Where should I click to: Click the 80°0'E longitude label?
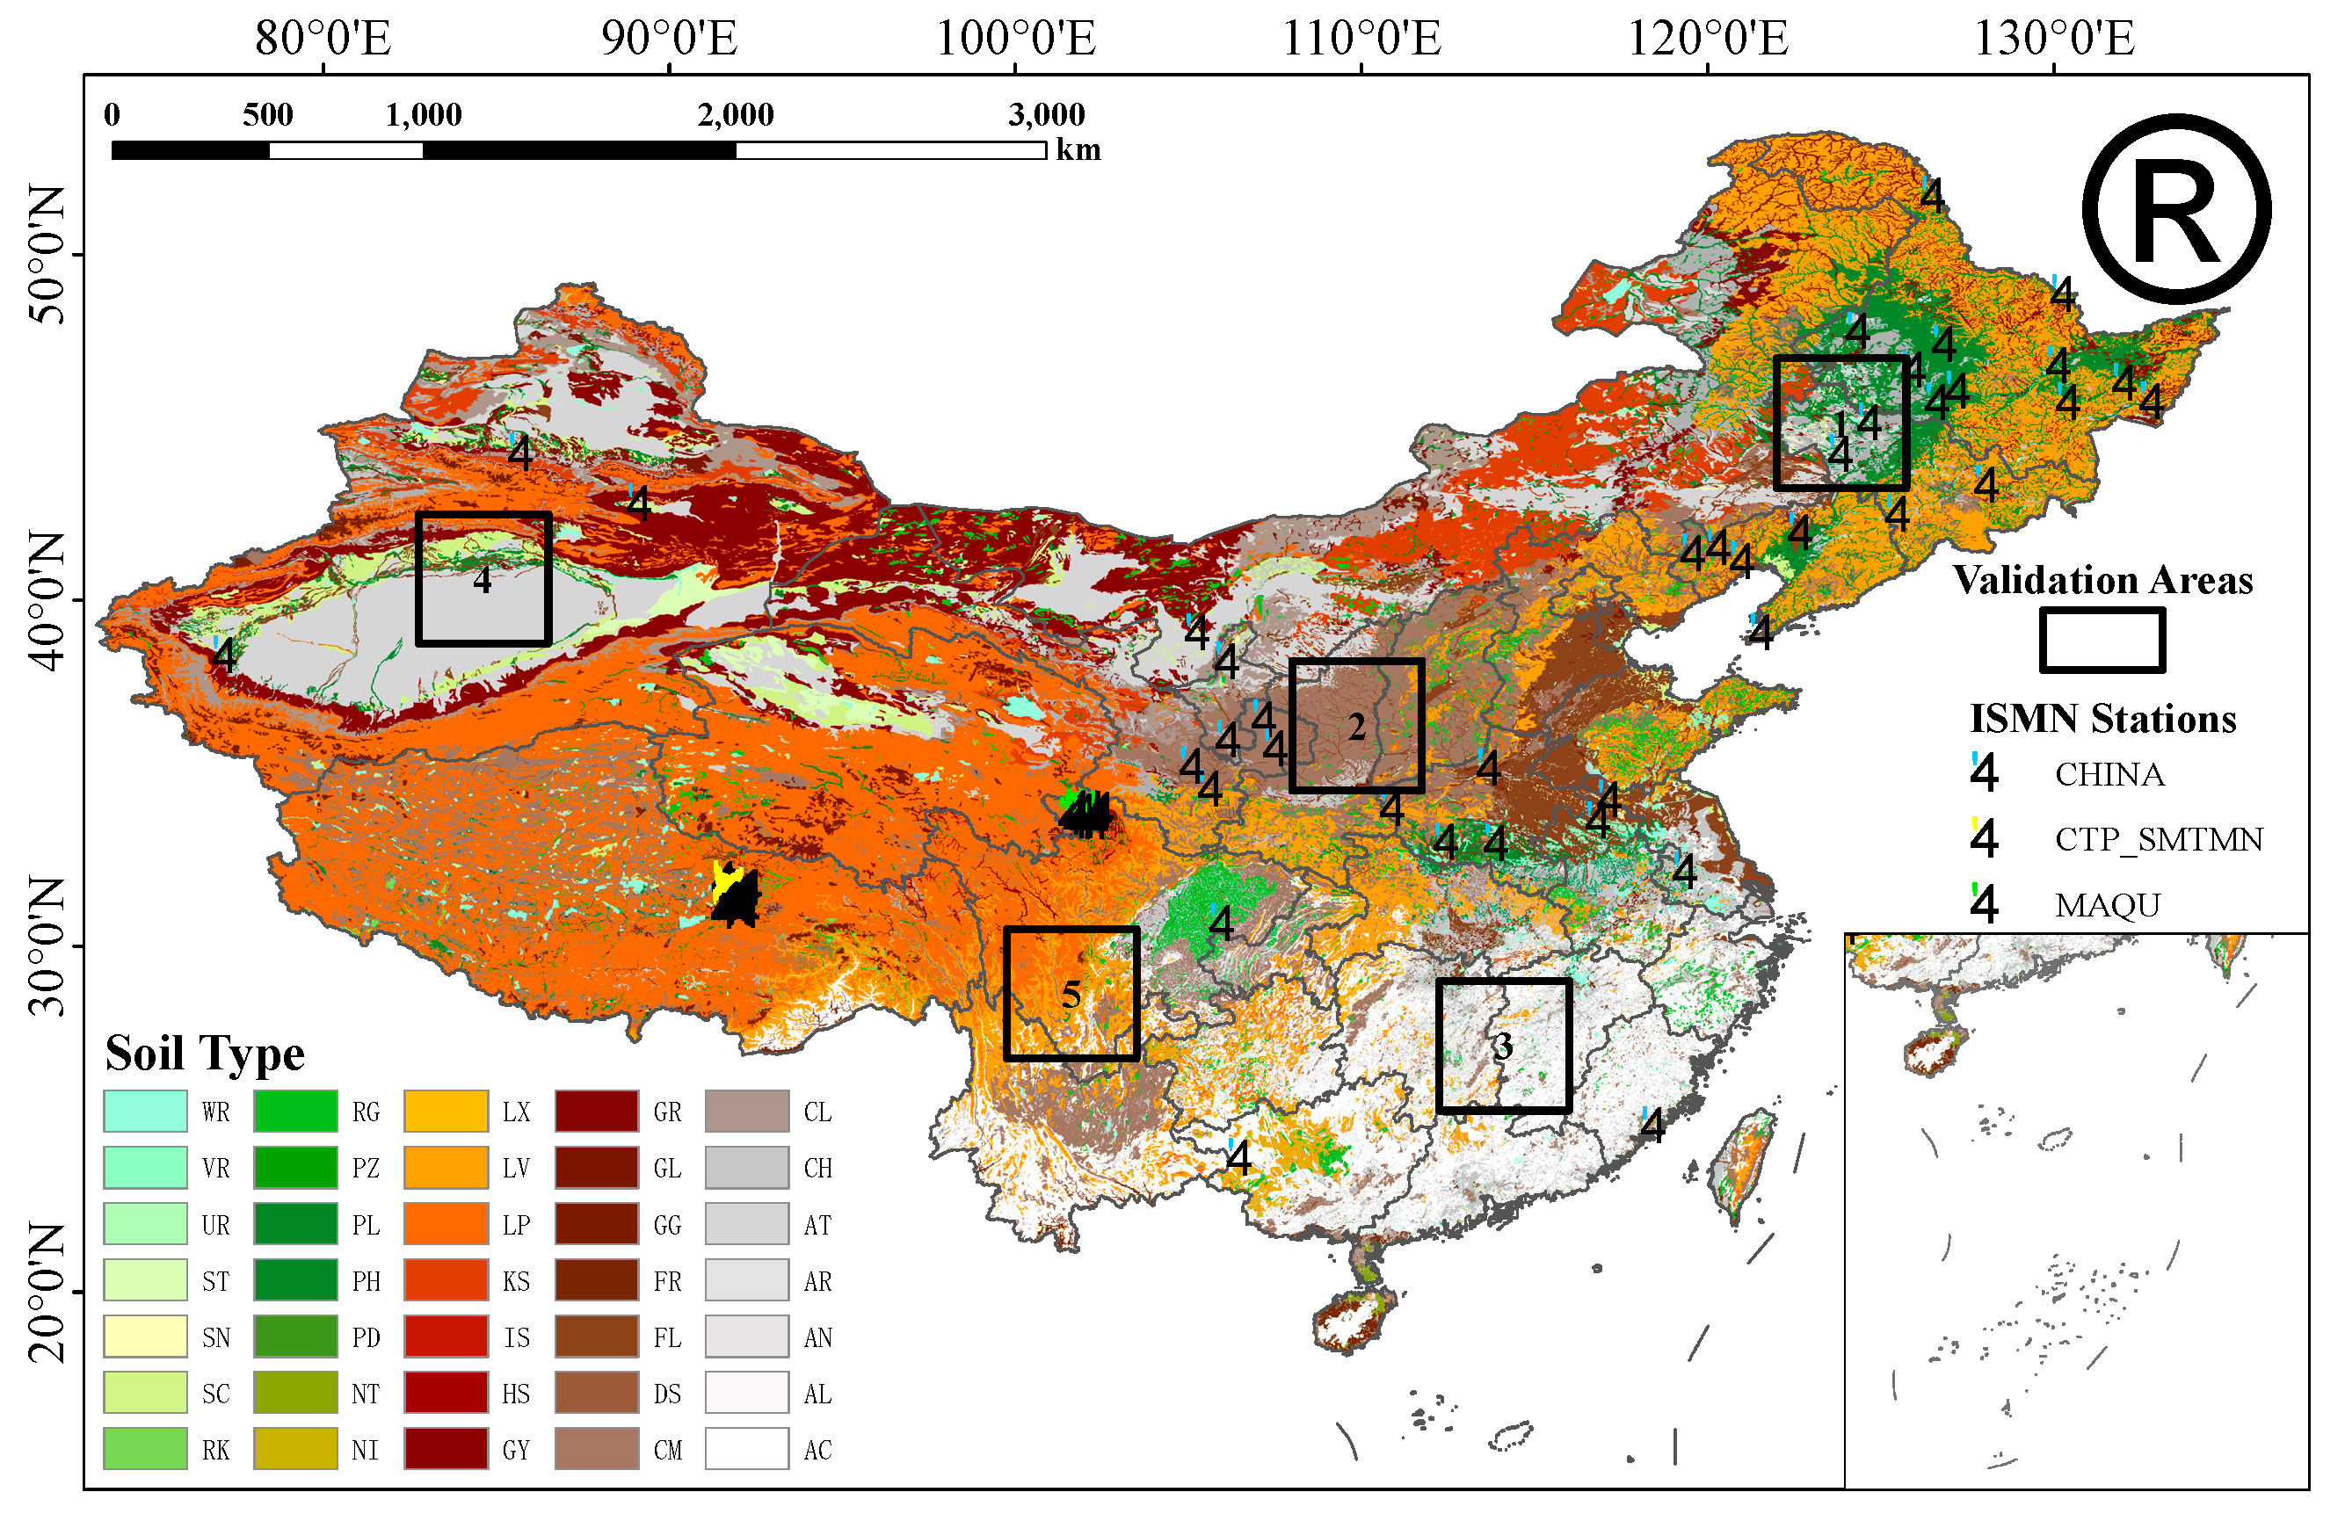tap(323, 39)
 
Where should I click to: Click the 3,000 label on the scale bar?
tap(1045, 114)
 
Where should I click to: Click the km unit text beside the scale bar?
tap(1078, 149)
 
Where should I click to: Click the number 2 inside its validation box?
tap(1356, 727)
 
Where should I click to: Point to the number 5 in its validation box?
tap(1071, 994)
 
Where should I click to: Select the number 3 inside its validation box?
tap(1501, 1046)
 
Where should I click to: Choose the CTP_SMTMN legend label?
tap(2157, 838)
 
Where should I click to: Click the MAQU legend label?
tap(2106, 904)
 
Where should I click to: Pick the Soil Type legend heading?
tap(205, 1053)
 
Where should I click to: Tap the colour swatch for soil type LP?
tap(446, 1224)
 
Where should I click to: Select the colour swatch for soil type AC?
tap(746, 1449)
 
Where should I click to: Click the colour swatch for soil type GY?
tap(446, 1449)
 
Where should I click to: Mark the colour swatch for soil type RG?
tap(295, 1111)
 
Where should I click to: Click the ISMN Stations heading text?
tap(2102, 719)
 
